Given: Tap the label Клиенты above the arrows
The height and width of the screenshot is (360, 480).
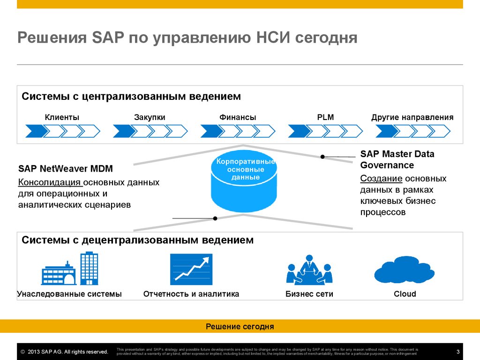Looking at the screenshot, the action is tap(62, 117).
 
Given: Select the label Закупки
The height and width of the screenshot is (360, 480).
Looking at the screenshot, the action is tap(150, 117).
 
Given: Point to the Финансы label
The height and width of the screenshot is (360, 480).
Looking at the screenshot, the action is tap(238, 117).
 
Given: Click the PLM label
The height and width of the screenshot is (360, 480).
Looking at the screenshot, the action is tap(325, 117).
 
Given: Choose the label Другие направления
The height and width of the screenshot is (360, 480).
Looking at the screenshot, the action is tap(412, 117).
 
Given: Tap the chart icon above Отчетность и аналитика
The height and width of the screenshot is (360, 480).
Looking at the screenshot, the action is tap(191, 269).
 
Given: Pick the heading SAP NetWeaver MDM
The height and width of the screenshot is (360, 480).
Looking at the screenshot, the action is tap(66, 169).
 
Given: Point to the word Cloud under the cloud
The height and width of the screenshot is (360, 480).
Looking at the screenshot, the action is tap(405, 294).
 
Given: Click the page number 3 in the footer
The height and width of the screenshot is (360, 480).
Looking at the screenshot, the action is tap(457, 352).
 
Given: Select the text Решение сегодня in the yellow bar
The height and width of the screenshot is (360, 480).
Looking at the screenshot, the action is tap(240, 326).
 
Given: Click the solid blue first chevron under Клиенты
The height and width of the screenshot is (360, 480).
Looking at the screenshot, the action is tap(36, 131).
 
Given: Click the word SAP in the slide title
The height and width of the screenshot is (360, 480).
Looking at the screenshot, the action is tap(103, 37).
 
